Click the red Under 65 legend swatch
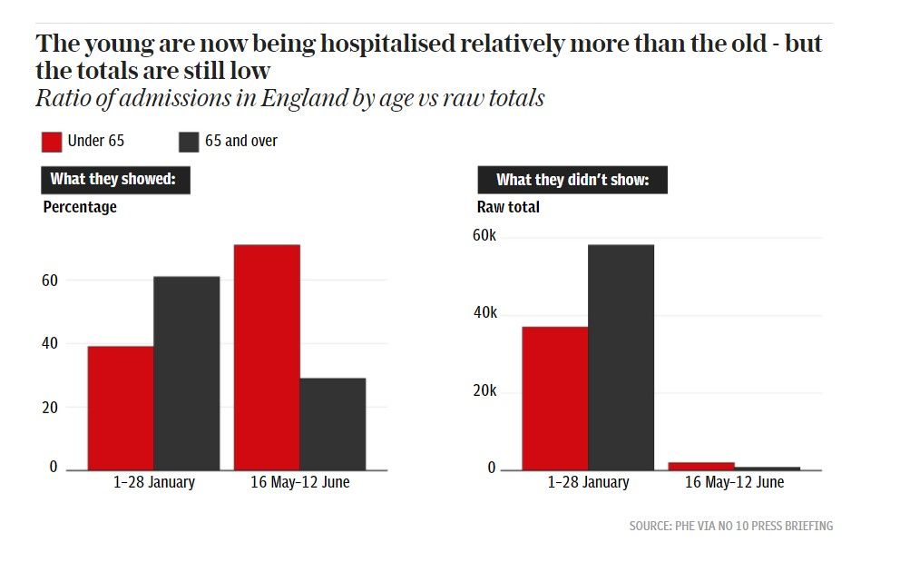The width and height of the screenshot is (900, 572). (52, 142)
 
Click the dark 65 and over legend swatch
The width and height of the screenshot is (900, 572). (189, 142)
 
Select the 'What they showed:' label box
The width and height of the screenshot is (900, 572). (114, 179)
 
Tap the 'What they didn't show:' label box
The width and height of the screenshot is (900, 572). (572, 180)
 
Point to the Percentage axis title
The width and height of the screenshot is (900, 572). (80, 207)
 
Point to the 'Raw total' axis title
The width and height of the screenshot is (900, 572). (508, 207)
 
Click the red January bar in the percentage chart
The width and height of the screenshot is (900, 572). (121, 408)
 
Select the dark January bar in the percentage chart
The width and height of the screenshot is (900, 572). (186, 372)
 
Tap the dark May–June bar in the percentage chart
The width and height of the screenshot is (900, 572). (333, 423)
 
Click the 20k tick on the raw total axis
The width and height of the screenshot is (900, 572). (485, 391)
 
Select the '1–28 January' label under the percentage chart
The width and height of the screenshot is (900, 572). (154, 483)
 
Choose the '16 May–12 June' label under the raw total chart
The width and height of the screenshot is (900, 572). (734, 483)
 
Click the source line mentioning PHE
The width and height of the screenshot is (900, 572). (730, 526)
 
